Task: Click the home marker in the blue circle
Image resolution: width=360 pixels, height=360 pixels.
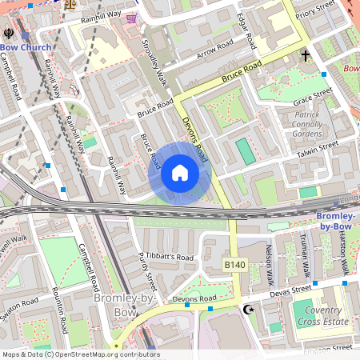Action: [179, 173]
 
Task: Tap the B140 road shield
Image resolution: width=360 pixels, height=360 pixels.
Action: [234, 263]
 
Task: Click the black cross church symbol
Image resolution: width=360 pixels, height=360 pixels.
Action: [305, 56]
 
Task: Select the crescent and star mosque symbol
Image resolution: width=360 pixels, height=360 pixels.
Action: [247, 309]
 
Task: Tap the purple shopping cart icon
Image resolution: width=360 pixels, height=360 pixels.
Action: [131, 18]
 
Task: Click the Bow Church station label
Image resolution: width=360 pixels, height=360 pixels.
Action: [26, 48]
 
